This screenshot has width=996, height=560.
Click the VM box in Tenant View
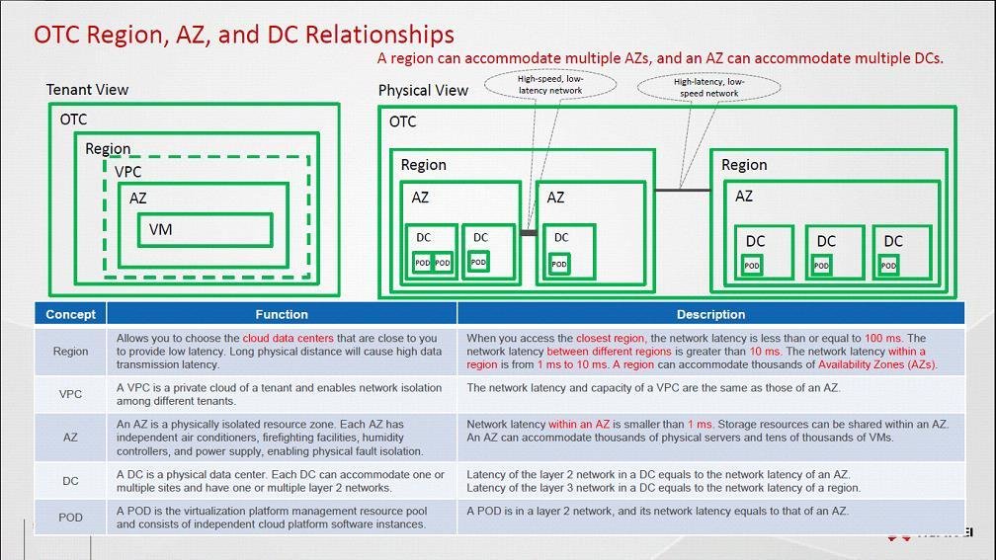tap(205, 229)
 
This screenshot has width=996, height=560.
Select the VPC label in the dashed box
tap(127, 172)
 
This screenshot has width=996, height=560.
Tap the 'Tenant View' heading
tap(87, 90)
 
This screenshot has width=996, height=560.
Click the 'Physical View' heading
tap(423, 91)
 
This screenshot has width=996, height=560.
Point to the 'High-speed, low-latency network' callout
tap(550, 84)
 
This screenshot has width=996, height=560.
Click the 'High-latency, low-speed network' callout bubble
tap(708, 88)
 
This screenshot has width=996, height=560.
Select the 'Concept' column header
tap(70, 314)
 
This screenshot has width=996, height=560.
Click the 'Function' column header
tap(282, 314)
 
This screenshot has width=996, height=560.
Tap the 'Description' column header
tap(710, 314)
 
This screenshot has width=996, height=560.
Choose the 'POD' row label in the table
tap(70, 518)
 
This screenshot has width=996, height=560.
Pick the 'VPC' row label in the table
tap(70, 394)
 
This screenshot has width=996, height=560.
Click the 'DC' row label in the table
tap(70, 481)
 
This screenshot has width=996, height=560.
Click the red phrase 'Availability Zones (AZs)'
tap(876, 364)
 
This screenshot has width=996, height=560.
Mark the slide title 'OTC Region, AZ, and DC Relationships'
tap(244, 35)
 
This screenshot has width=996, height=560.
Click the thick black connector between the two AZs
tap(529, 233)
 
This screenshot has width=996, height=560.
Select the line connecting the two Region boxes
tap(683, 189)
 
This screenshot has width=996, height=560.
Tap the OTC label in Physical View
tap(402, 121)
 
